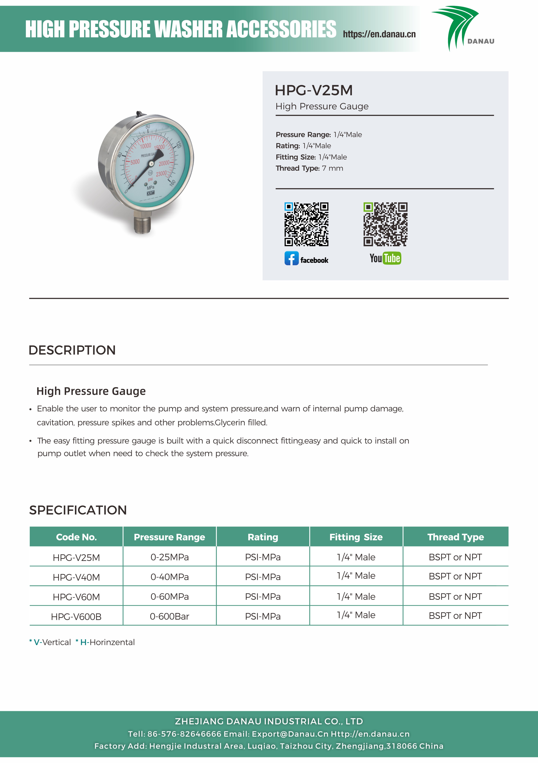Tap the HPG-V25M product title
click(x=313, y=90)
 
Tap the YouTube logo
click(x=385, y=258)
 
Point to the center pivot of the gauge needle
click(x=151, y=163)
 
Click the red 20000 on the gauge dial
click(x=164, y=163)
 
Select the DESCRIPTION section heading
click(x=72, y=350)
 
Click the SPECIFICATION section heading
click(x=78, y=510)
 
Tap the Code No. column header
click(x=76, y=537)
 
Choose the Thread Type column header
click(x=455, y=537)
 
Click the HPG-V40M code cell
click(x=76, y=577)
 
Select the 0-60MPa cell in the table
click(x=169, y=597)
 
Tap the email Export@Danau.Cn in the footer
click(x=290, y=734)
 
